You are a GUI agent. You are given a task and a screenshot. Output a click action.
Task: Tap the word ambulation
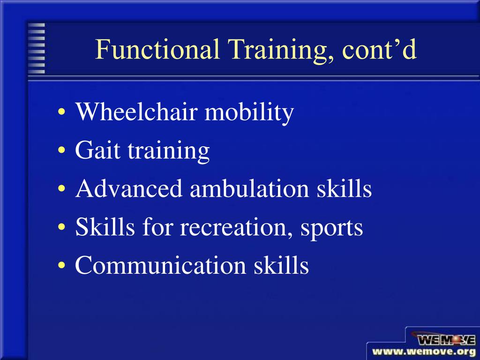[x=249, y=189]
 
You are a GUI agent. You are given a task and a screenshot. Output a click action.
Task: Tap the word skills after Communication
[x=281, y=266]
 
